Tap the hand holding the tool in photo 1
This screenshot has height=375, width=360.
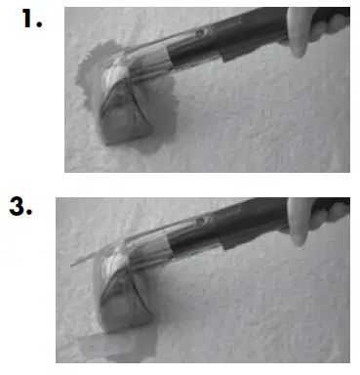click(327, 26)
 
